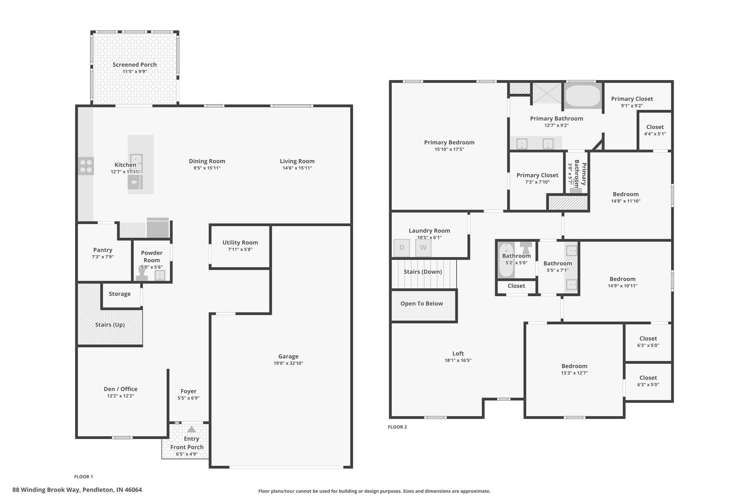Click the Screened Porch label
pyautogui.click(x=135, y=65)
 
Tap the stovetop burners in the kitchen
pyautogui.click(x=86, y=166)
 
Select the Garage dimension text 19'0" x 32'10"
pyautogui.click(x=288, y=363)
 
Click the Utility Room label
pyautogui.click(x=240, y=242)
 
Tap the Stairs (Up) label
pyautogui.click(x=110, y=325)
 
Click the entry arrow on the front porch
pyautogui.click(x=192, y=429)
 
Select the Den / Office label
pyautogui.click(x=120, y=389)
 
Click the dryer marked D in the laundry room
pyautogui.click(x=402, y=248)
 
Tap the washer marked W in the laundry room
pyautogui.click(x=423, y=248)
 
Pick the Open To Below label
pyautogui.click(x=421, y=303)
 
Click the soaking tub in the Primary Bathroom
pyautogui.click(x=583, y=96)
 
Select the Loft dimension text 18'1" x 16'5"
pyautogui.click(x=458, y=360)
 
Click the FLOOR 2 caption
pyautogui.click(x=397, y=427)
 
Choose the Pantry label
pyautogui.click(x=103, y=250)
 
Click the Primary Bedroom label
pyautogui.click(x=449, y=143)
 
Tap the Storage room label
pyautogui.click(x=120, y=294)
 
